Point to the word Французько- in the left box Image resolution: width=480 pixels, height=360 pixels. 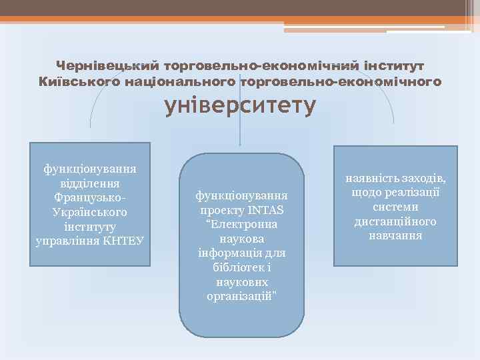tap(90, 198)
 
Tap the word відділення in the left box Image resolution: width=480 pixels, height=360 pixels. tap(90, 183)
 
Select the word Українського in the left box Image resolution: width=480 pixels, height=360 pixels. tap(90, 212)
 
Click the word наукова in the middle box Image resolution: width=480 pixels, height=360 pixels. tap(242, 239)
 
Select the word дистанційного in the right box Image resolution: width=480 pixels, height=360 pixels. tap(396, 221)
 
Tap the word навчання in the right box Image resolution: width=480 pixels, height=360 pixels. tap(396, 236)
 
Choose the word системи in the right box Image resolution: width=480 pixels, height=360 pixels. tap(396, 207)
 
